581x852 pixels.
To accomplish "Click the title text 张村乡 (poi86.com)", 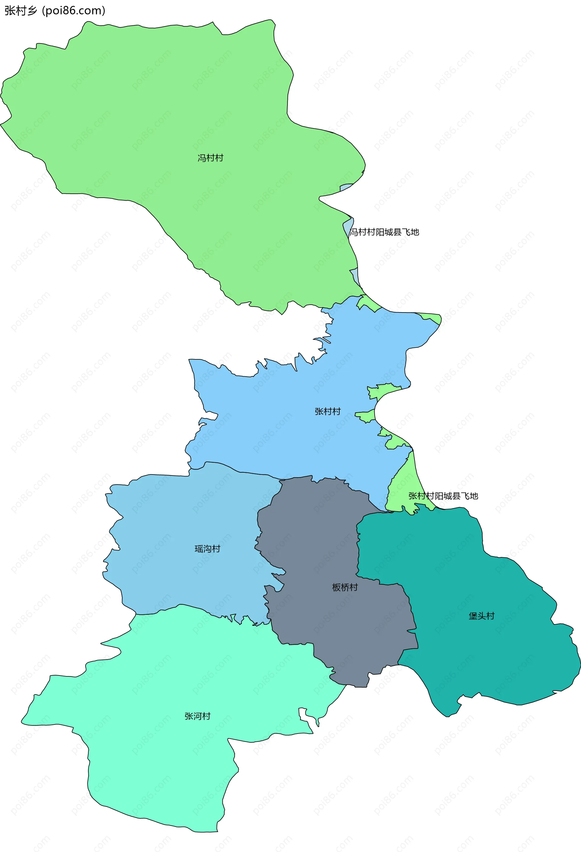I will [x=55, y=11].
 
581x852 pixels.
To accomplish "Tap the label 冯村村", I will [x=210, y=158].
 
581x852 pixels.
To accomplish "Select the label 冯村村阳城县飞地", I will [x=384, y=232].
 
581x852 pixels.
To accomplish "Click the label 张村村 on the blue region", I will [x=327, y=411].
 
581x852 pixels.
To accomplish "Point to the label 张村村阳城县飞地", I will [x=443, y=496].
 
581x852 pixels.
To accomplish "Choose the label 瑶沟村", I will [x=207, y=549].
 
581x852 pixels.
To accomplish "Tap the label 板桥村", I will [x=345, y=587].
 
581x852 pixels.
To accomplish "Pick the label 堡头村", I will [x=481, y=616].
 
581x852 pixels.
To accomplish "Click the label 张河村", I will [x=198, y=716].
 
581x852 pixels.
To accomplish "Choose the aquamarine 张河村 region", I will [x=165, y=770].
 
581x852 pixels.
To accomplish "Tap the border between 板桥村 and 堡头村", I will [x=358, y=550].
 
